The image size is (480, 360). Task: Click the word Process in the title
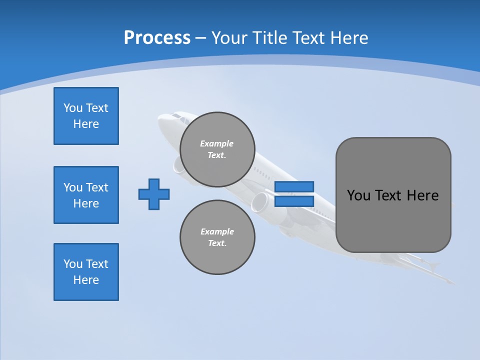coord(157,38)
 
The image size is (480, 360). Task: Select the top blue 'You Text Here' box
coord(86,116)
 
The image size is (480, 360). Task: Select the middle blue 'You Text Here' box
coord(86,195)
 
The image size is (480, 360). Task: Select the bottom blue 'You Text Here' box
coord(86,272)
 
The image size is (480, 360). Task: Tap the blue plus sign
coord(154,194)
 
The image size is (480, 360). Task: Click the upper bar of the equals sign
coord(294,186)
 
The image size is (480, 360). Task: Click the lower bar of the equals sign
coord(294,201)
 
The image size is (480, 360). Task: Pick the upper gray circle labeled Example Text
coord(217,149)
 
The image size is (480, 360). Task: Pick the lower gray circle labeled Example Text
coord(217,237)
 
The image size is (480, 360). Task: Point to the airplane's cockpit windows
coord(176,117)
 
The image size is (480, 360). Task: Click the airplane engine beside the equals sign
coord(260,201)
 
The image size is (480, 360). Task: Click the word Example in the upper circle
coord(216,143)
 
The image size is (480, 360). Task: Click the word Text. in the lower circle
coord(217,243)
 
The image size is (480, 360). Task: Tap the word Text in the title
coord(312,38)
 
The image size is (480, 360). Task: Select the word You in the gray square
coord(359,195)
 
